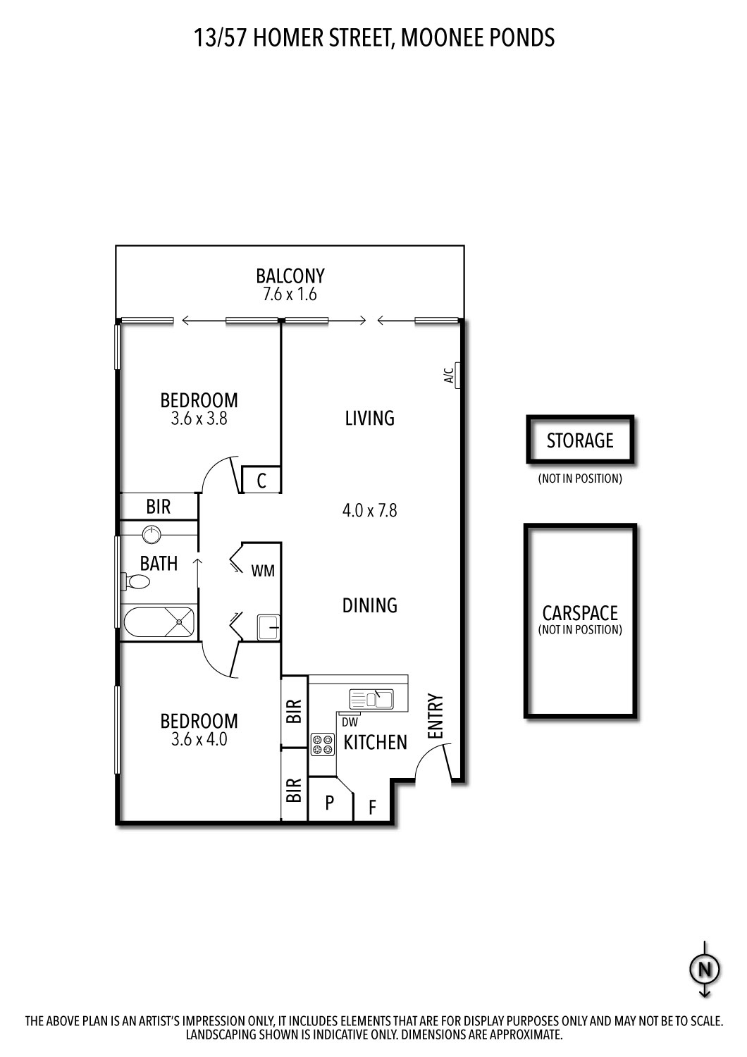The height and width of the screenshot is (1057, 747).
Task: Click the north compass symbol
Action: tap(704, 970)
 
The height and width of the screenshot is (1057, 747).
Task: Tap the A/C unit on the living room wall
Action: tap(457, 376)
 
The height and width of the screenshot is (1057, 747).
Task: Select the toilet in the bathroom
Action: tap(137, 582)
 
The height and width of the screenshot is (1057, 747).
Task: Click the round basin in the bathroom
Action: tap(152, 534)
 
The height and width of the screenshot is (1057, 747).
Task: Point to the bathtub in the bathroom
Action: tap(159, 622)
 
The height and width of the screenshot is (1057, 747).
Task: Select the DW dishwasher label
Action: tap(350, 722)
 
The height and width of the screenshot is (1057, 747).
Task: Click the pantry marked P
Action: tap(329, 802)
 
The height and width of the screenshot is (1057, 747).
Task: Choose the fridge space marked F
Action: tap(373, 806)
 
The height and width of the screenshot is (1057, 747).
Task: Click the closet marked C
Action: tap(261, 481)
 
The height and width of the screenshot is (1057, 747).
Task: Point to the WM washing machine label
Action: tap(263, 571)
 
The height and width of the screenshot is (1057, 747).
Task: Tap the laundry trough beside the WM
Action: tap(268, 626)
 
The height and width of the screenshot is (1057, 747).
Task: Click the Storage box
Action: tap(580, 440)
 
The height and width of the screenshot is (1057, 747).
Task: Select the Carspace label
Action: tap(580, 613)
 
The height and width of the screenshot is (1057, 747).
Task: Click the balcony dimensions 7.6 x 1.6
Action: tap(290, 295)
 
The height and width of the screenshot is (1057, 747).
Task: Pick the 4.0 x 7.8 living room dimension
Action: tap(369, 509)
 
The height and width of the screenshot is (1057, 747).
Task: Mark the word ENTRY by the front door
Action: tap(436, 717)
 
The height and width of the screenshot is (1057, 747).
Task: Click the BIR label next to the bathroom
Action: tap(159, 506)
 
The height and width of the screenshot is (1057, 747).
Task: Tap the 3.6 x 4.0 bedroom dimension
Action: tap(199, 740)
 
